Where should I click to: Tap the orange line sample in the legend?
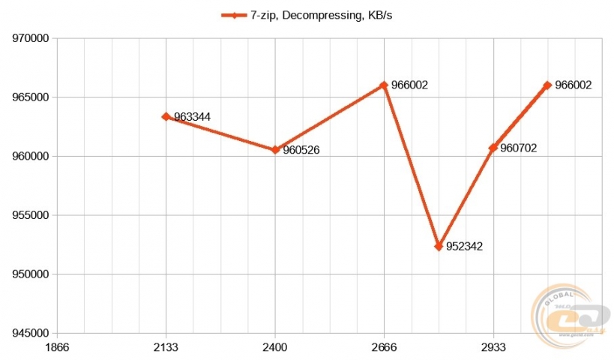(233, 15)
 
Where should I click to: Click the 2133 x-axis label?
(166, 348)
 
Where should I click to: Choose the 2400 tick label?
(275, 348)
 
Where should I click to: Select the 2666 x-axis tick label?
(384, 348)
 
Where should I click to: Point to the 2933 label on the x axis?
(493, 348)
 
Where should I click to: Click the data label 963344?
(193, 117)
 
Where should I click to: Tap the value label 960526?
(301, 150)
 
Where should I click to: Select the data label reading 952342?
(465, 245)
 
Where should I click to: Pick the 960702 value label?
(519, 148)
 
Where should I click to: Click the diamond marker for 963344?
(166, 116)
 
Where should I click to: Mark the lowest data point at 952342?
(439, 246)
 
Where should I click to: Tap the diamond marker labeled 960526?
(275, 150)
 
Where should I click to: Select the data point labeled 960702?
(493, 148)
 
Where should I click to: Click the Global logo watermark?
(567, 315)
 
